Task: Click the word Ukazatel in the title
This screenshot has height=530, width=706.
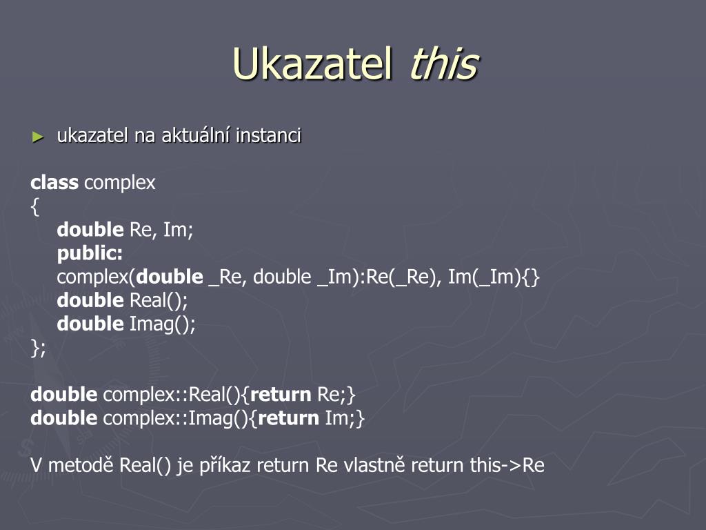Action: point(312,63)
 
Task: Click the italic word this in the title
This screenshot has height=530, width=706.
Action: point(443,63)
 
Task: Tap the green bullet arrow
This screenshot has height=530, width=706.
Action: point(38,137)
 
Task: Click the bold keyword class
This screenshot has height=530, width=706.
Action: point(54,182)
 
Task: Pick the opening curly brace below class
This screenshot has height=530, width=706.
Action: point(34,207)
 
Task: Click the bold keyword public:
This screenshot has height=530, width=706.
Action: point(90,253)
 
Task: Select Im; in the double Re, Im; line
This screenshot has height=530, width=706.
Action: point(178,229)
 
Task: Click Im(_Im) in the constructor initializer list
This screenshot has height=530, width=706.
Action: point(484,277)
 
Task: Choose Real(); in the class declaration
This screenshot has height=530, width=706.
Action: point(159,300)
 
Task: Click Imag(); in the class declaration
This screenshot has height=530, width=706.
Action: point(163,324)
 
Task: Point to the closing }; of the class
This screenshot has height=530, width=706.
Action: point(39,348)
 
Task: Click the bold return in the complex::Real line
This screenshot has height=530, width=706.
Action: point(281,394)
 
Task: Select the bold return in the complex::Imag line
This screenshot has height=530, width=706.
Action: point(289,418)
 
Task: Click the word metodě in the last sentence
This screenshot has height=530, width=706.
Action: point(81,465)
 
